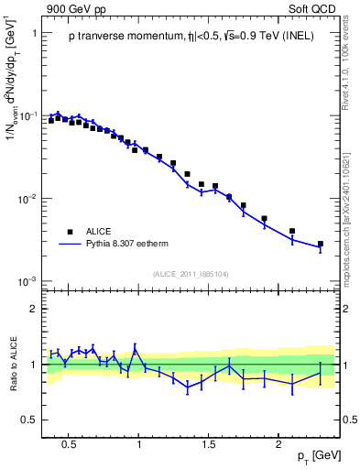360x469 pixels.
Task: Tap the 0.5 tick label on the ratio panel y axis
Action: [x=29, y=420]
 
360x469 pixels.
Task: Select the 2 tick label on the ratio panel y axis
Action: [x=34, y=309]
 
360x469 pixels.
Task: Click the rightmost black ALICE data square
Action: [x=320, y=245]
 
